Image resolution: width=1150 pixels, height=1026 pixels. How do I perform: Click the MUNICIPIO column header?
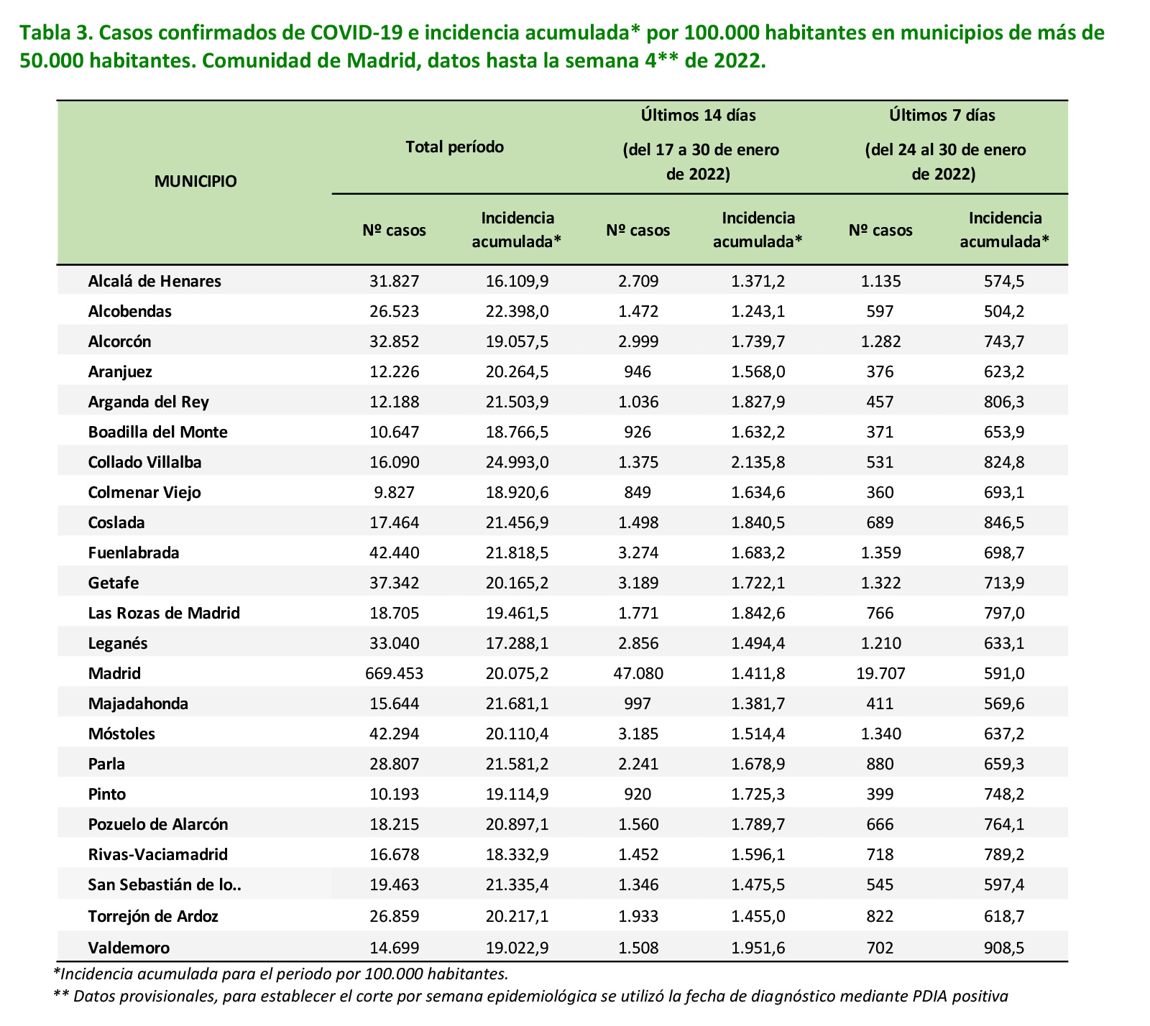tap(195, 181)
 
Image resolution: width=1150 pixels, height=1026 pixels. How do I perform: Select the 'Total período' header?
tap(455, 147)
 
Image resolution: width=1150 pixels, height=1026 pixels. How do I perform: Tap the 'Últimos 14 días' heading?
tap(699, 115)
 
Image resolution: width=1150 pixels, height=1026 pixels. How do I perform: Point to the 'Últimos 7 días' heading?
tap(942, 115)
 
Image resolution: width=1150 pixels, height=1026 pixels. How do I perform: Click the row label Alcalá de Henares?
tap(155, 281)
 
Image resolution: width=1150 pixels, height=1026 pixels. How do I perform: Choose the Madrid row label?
tap(114, 673)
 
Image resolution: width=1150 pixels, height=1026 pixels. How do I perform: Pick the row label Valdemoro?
tap(129, 948)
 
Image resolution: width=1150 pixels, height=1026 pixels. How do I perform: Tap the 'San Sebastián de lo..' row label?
tap(165, 884)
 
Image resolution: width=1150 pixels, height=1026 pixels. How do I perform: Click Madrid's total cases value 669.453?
tap(395, 673)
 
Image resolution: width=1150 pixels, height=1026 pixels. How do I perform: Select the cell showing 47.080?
tap(638, 673)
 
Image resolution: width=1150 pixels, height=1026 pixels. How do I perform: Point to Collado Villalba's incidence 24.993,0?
tap(517, 462)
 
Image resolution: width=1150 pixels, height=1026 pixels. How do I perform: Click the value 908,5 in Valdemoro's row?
tap(1004, 948)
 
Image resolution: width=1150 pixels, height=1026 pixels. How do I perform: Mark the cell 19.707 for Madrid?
tap(880, 673)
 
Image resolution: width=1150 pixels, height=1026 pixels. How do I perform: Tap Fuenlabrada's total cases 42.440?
tap(395, 553)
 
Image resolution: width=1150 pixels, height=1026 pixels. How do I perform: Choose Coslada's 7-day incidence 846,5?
tap(1004, 522)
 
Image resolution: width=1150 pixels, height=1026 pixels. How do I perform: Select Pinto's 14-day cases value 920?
tap(638, 794)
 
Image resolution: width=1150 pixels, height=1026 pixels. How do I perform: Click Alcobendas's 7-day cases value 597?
tap(880, 311)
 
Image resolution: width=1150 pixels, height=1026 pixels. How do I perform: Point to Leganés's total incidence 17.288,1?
tap(517, 643)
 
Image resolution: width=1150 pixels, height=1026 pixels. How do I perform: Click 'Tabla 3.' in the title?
tap(54, 33)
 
